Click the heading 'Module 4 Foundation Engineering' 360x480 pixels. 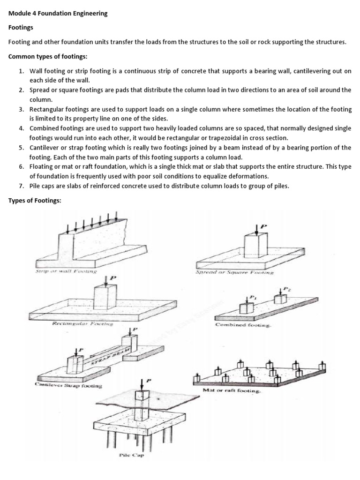click(58, 14)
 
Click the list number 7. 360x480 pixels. click(22, 186)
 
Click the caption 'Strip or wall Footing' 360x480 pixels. click(66, 271)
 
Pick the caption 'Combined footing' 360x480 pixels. click(243, 325)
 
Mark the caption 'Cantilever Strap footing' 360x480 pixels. click(68, 385)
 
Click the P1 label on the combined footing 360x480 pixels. click(253, 297)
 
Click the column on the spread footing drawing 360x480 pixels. click(256, 247)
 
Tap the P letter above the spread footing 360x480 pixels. click(263, 227)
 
